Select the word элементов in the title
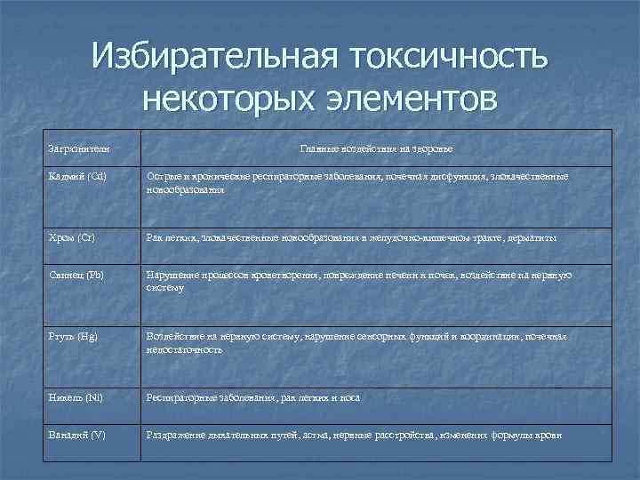pos(404,99)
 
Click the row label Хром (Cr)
pos(72,237)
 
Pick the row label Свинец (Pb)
pos(76,275)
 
